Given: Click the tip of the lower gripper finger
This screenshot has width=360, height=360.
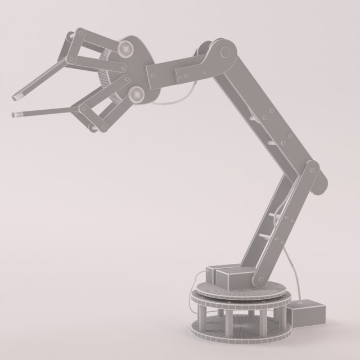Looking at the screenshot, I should click(15, 115).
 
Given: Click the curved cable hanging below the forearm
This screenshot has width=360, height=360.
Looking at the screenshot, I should click(172, 102).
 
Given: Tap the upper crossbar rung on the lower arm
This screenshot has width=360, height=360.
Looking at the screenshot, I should click(275, 216).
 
